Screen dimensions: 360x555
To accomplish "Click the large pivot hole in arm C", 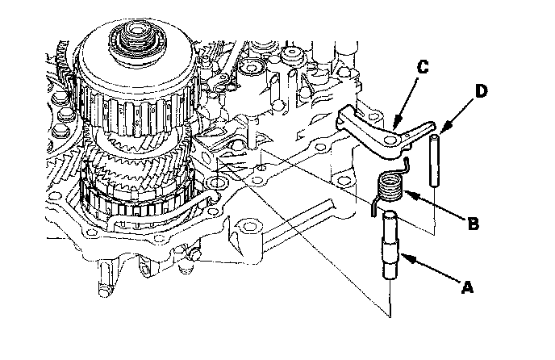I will pyautogui.click(x=390, y=142).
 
